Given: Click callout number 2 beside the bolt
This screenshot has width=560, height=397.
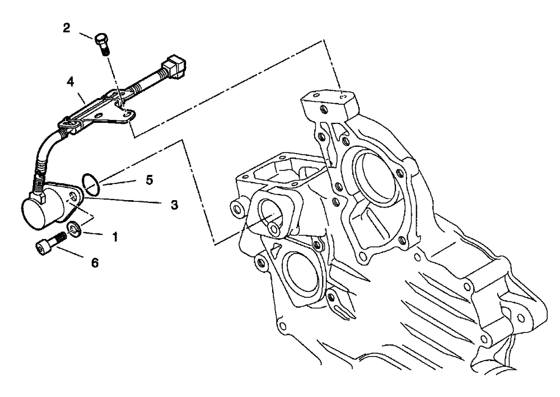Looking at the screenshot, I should (x=67, y=28).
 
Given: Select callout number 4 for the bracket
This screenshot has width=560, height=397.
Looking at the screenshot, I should (x=70, y=82).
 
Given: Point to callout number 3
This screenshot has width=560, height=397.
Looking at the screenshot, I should (x=174, y=205).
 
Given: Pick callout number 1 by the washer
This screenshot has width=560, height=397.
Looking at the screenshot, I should (x=115, y=237).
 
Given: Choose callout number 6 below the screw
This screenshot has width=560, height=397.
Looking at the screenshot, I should (x=95, y=262).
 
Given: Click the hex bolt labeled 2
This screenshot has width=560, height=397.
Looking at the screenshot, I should (x=102, y=42).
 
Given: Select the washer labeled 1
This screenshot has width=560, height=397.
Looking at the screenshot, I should (x=73, y=228).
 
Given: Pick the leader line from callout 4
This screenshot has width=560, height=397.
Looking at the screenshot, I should (x=81, y=95).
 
